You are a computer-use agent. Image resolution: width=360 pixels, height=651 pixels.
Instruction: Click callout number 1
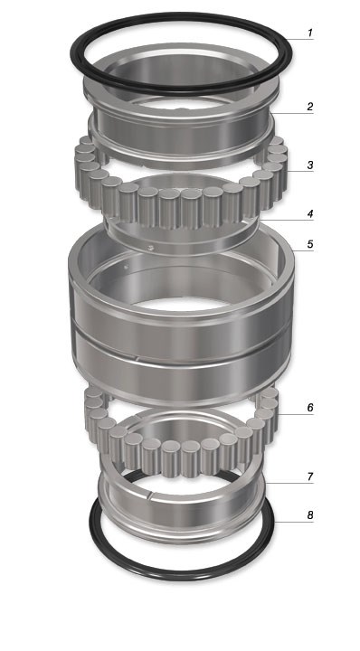pyautogui.click(x=310, y=33)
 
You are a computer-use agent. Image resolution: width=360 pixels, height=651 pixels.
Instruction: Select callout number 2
pyautogui.click(x=310, y=107)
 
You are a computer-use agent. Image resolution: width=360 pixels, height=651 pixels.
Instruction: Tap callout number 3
pyautogui.click(x=310, y=165)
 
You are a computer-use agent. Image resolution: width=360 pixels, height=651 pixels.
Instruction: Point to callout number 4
pyautogui.click(x=310, y=214)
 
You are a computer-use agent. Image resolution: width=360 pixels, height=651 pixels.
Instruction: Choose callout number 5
pyautogui.click(x=310, y=244)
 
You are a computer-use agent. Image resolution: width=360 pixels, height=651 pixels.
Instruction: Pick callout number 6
pyautogui.click(x=310, y=408)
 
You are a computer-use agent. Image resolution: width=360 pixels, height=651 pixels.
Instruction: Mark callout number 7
pyautogui.click(x=310, y=477)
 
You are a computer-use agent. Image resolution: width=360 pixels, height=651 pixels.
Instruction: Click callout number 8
pyautogui.click(x=310, y=515)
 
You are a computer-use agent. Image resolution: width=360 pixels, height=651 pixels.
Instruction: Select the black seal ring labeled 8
pyautogui.click(x=182, y=576)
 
